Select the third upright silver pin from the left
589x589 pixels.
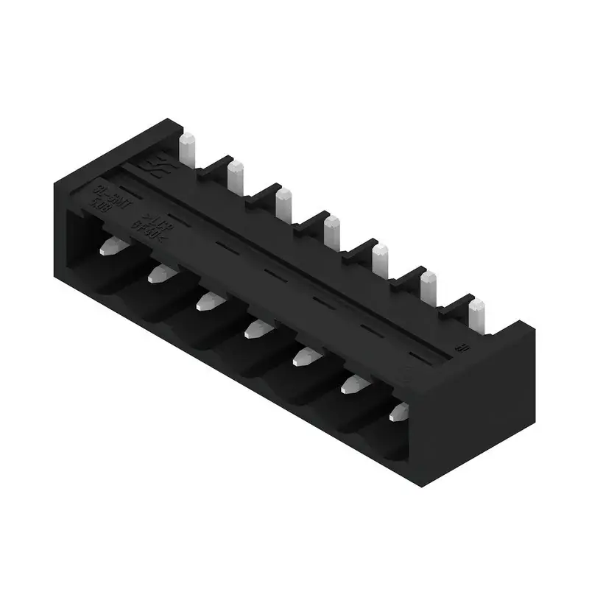[x=283, y=205]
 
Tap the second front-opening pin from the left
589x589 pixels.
[x=159, y=274]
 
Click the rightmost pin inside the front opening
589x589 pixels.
[x=399, y=411]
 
